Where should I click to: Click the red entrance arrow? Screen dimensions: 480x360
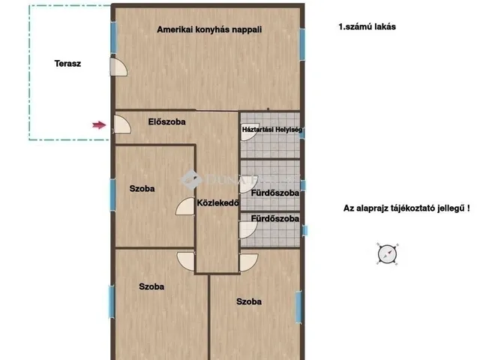point(99,125)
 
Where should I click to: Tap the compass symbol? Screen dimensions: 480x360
point(388,254)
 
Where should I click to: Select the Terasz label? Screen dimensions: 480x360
point(67,64)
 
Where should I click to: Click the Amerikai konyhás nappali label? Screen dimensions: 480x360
point(209,30)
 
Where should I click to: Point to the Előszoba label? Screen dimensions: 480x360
point(166,121)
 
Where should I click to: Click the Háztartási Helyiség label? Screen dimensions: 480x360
point(271,130)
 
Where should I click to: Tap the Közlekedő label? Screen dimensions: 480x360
point(217,202)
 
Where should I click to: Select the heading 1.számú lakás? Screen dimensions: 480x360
point(367,27)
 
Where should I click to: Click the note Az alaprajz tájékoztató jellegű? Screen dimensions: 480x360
point(406,208)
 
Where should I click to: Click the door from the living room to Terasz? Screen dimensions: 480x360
point(118,67)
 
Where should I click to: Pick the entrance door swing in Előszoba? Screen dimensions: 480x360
point(122,124)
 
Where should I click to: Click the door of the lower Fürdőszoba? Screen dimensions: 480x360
point(248,229)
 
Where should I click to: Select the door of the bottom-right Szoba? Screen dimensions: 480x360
point(248,262)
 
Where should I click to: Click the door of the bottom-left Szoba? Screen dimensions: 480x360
point(186,262)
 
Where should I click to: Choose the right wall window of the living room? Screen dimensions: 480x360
point(302,44)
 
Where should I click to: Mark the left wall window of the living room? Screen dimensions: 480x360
point(113,37)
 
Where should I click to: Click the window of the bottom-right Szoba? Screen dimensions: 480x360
point(298,307)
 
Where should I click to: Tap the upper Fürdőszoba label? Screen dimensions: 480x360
point(275,193)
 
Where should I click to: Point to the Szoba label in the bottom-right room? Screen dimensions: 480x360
point(249,301)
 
